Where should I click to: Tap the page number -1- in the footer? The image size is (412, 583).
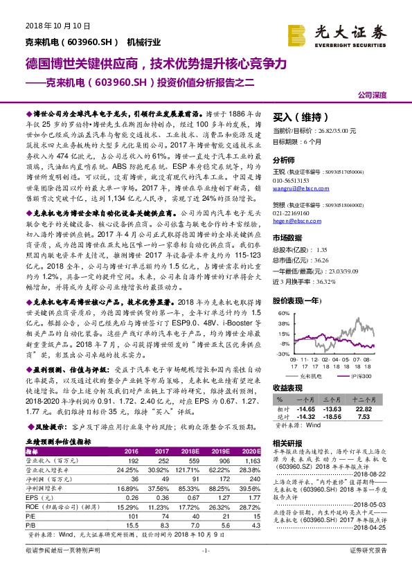(x=205, y=569)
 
